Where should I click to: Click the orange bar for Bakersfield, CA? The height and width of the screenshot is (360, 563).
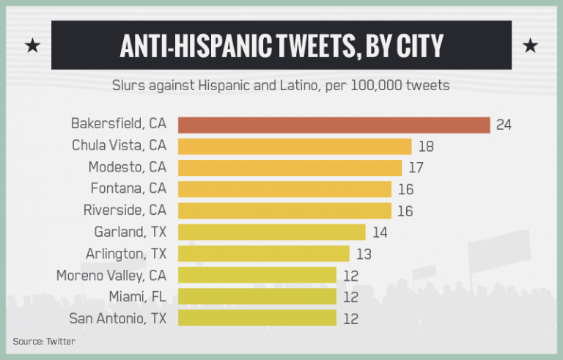coord(334,125)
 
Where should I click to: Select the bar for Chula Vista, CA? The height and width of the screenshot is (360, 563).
coord(295,147)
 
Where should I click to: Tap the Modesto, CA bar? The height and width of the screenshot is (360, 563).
coord(290,168)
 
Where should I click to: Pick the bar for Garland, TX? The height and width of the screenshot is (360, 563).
coord(271,232)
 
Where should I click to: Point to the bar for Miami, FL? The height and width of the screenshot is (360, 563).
coord(257,297)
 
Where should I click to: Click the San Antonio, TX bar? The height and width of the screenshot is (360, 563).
coord(257,318)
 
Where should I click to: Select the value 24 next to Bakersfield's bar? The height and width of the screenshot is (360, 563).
coord(504,125)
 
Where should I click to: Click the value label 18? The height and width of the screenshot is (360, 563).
coord(426,147)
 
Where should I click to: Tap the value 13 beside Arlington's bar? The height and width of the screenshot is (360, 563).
coord(364,254)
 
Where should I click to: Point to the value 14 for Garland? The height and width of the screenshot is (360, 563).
coord(380,232)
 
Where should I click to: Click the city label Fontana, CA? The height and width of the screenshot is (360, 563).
coord(128,189)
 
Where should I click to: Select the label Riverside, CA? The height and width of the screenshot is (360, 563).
coord(125,211)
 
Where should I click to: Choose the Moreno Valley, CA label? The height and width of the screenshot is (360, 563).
coord(111,276)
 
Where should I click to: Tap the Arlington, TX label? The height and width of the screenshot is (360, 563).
coord(126,254)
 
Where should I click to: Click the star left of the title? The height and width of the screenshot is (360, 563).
coord(32,46)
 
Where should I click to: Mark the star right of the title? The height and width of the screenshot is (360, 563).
coord(530,46)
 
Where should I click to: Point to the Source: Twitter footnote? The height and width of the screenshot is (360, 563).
coord(43,341)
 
